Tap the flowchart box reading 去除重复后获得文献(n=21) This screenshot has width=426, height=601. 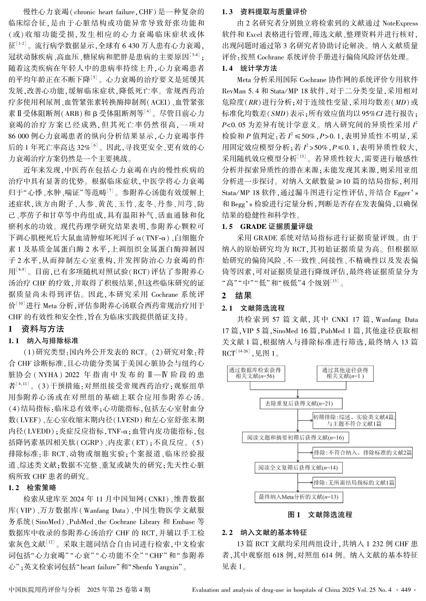tap(297, 404)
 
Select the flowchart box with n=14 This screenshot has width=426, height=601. tap(298, 467)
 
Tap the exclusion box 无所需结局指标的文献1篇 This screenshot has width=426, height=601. tap(354, 483)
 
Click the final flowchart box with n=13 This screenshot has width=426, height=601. tap(298, 497)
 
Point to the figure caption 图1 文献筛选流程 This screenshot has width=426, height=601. tap(320, 515)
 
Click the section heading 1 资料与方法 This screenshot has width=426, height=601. tap(36, 329)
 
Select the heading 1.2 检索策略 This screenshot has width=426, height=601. tap(32, 488)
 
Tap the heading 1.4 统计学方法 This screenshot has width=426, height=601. tap(249, 68)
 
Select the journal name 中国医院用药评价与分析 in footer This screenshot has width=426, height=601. tap(45, 590)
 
